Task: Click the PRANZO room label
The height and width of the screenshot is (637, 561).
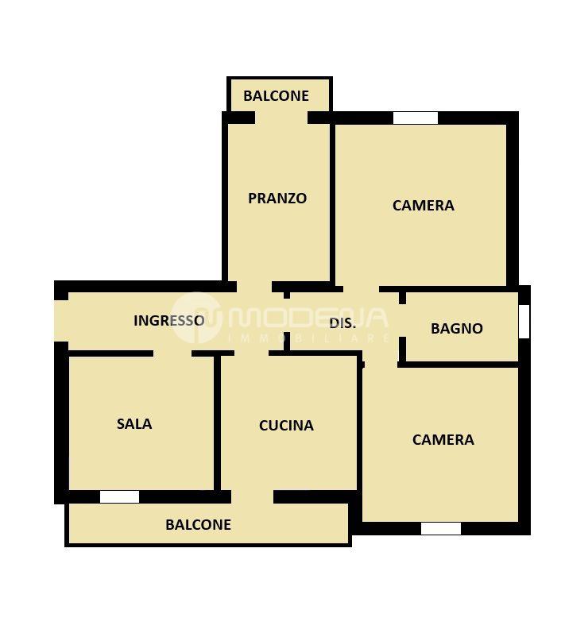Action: pos(277,199)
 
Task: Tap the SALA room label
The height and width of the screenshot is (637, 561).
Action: pos(134,423)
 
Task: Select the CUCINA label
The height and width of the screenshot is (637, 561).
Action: pos(286,426)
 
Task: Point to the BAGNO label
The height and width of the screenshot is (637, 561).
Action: pos(457,328)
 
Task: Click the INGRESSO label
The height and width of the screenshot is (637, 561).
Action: pos(168,321)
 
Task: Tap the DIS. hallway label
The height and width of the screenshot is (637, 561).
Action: pos(342,323)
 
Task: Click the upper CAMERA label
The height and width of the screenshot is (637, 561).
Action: pos(424,205)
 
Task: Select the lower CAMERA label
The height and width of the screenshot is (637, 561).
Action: pos(443,439)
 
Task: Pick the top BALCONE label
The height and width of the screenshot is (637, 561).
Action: pos(276,96)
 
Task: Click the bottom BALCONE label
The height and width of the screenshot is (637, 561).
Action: pos(198,524)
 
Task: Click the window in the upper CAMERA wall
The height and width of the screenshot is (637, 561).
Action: pos(416,118)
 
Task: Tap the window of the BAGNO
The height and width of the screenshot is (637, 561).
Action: pos(524,322)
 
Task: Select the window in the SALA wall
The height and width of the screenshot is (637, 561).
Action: pos(119,497)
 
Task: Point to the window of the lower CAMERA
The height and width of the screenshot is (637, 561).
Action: pos(441,528)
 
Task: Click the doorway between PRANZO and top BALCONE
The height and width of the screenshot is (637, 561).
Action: pos(281,118)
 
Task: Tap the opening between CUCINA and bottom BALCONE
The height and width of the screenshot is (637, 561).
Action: pos(253,497)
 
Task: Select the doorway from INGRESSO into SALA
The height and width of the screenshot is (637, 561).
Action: pos(172,353)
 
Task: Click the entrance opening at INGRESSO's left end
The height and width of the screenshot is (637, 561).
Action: pos(61,321)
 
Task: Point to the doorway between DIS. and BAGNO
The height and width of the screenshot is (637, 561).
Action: pos(402,321)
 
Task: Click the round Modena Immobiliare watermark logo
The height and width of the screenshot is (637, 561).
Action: pos(196,318)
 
